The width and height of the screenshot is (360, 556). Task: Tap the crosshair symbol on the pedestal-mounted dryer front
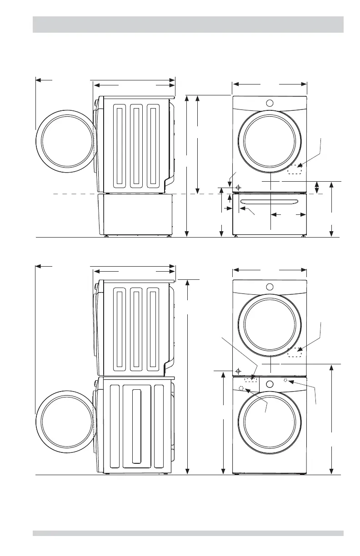238,187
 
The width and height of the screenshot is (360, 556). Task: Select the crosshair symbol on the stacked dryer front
238,371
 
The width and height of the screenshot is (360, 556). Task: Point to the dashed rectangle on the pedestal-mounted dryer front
295,170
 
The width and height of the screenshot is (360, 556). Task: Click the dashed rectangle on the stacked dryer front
295,352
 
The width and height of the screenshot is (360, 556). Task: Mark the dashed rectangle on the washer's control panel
250,379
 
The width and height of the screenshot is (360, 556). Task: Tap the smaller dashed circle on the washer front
285,380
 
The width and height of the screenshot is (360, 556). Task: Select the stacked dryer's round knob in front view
270,287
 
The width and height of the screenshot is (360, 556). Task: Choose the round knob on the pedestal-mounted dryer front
270,103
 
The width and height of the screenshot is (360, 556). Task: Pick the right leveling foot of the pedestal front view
304,237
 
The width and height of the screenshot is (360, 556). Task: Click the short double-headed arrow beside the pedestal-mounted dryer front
317,187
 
